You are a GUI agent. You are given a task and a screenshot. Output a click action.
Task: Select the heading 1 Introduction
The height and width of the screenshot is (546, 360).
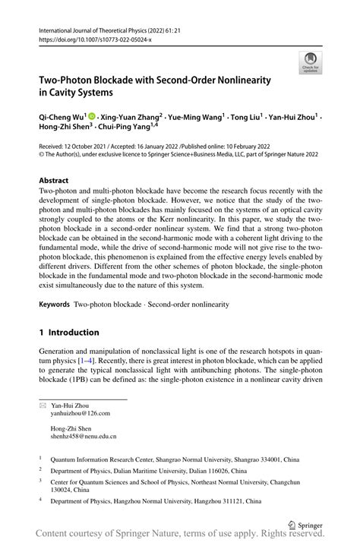click(69, 332)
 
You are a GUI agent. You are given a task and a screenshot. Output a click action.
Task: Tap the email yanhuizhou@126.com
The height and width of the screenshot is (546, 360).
click(80, 413)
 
